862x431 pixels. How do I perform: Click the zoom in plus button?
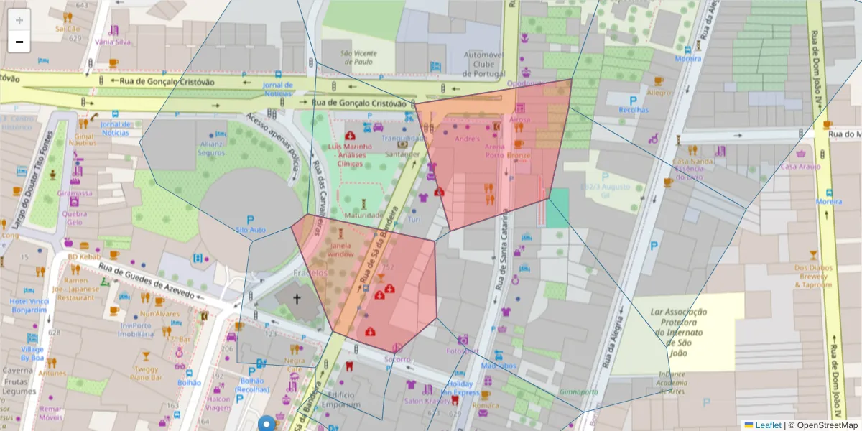(x=19, y=20)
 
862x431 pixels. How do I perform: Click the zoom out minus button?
(x=19, y=42)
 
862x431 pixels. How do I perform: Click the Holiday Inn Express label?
(x=460, y=389)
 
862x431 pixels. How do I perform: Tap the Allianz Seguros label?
(x=211, y=148)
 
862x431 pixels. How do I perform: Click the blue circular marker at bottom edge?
(x=268, y=424)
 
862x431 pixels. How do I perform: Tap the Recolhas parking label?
(x=633, y=110)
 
